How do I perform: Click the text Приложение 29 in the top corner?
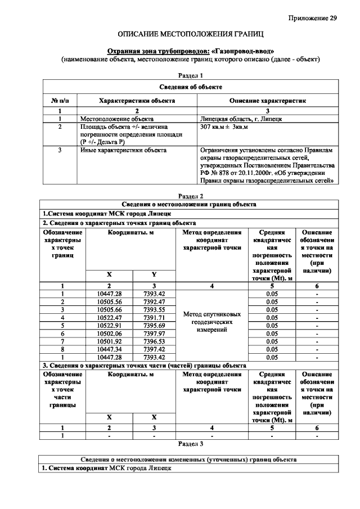(x=313, y=18)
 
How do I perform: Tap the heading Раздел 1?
(x=190, y=75)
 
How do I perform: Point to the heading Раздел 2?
(x=190, y=196)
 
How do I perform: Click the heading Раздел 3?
(x=190, y=444)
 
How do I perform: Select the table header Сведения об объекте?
(x=190, y=87)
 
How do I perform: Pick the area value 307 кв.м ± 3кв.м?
(x=224, y=128)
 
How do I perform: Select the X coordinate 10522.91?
(x=109, y=325)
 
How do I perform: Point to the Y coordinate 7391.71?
(x=154, y=317)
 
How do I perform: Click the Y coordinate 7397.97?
(x=154, y=333)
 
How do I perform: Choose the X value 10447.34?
(x=109, y=349)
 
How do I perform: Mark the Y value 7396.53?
(x=154, y=341)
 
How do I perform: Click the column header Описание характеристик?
(x=267, y=101)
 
